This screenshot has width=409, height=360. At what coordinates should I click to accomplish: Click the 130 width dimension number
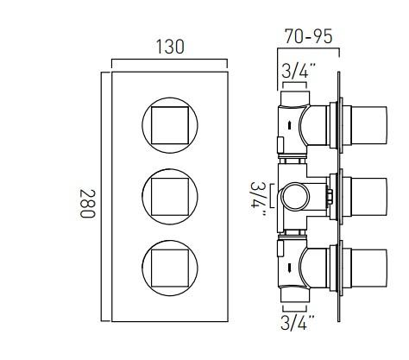[170, 47]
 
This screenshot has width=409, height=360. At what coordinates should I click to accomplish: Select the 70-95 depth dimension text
[308, 37]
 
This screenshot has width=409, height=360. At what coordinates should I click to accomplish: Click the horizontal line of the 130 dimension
[170, 62]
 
